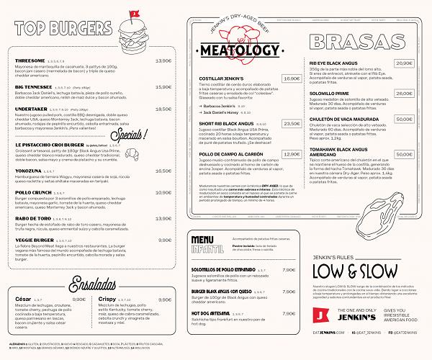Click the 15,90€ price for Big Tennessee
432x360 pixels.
(164, 86)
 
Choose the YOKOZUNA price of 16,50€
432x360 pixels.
(164, 171)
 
